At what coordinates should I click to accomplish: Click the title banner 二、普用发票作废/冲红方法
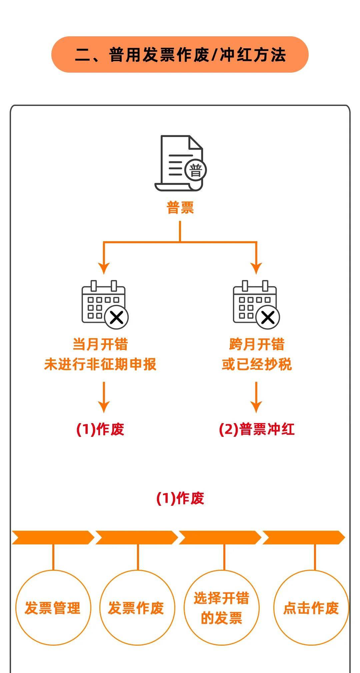pos(180,55)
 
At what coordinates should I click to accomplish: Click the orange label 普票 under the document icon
pos(180,208)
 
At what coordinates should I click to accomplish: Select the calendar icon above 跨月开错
pos(256,303)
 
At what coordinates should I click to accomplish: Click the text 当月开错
pos(100,344)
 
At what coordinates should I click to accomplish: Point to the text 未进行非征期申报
pos(100,364)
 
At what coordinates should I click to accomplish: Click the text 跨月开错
pos(257,344)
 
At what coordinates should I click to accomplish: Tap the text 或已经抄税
pos(257,364)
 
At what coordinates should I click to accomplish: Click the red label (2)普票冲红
pos(257,429)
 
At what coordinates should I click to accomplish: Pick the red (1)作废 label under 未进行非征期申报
pos(100,429)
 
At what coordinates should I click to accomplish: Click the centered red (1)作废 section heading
pos(180,498)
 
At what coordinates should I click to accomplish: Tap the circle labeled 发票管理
pos(53,608)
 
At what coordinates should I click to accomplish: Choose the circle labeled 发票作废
pos(137,608)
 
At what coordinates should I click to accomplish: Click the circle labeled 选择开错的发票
pos(221,608)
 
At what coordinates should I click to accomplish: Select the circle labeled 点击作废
pos(311,608)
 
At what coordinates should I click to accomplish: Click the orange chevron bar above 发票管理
pos(53,537)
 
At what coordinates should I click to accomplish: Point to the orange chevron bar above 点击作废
pos(303,537)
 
